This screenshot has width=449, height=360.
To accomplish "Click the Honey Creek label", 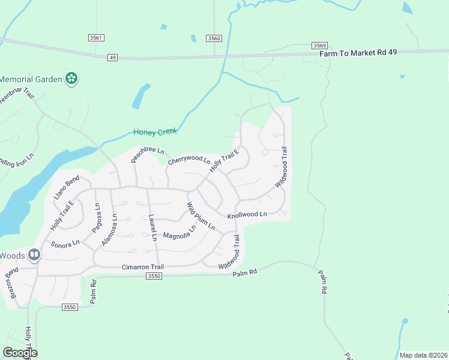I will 155,132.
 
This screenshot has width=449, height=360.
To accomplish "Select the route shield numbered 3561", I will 96,38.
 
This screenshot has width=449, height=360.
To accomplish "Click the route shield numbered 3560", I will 214,38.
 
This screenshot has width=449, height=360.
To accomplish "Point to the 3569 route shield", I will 319,46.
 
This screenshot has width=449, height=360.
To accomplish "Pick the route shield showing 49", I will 112,58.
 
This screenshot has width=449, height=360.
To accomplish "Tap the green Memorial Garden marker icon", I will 71,79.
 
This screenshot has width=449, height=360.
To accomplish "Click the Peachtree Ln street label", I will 147,155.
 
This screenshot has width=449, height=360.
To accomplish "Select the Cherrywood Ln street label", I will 188,161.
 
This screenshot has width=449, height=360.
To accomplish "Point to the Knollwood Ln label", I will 247,214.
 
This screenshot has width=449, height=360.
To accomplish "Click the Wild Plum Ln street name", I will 200,217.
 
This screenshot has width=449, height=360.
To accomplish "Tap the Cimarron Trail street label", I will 142,266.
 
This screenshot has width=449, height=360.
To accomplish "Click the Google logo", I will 20,353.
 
